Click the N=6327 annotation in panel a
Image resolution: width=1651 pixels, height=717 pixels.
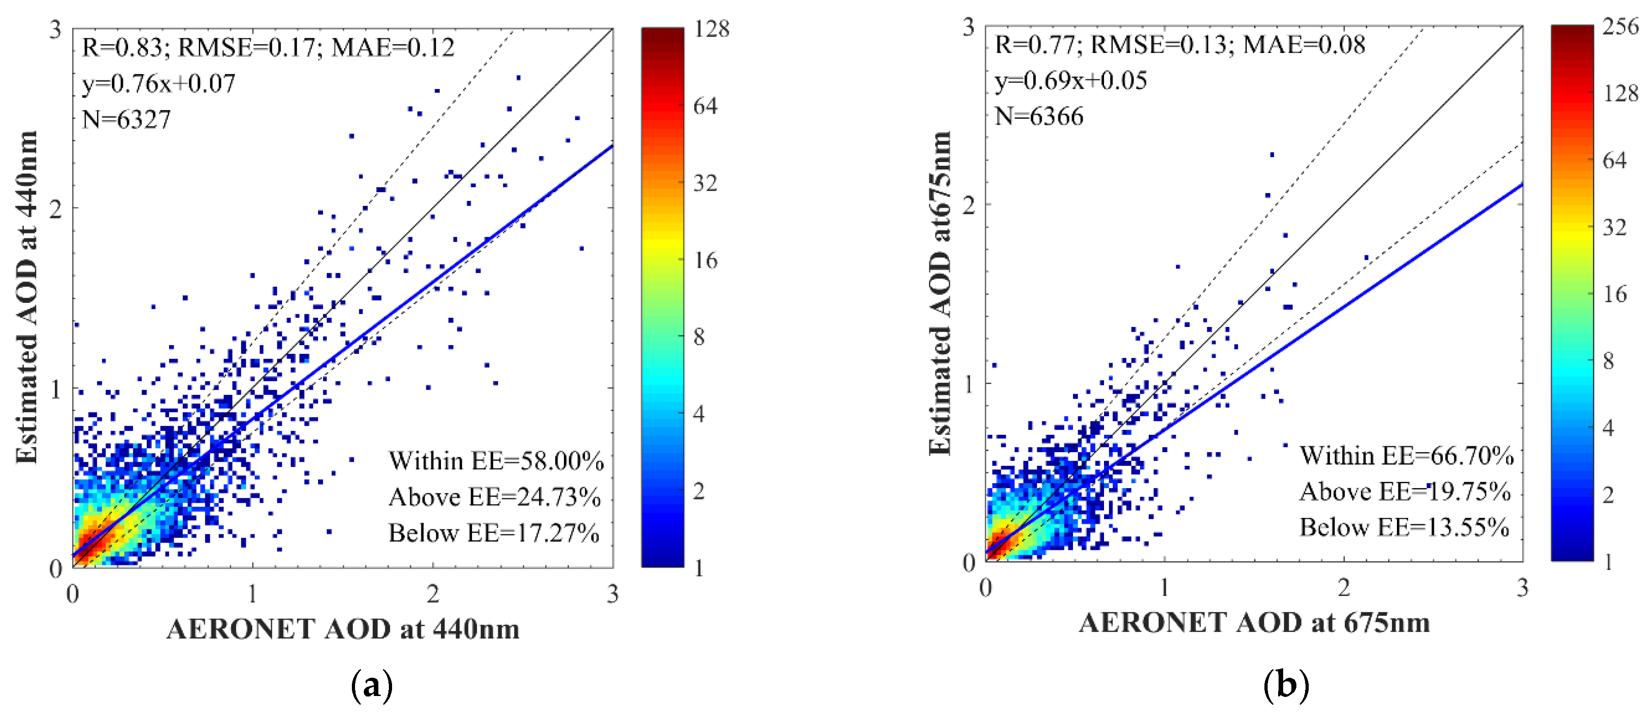126,120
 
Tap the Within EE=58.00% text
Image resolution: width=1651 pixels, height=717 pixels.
495,461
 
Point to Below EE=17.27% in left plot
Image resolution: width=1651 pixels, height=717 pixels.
494,533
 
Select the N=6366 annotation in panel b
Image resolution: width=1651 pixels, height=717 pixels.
1039,116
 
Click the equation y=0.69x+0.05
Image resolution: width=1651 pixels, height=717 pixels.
1070,81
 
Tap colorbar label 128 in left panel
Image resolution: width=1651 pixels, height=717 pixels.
711,29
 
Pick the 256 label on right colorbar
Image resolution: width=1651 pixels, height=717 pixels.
1620,26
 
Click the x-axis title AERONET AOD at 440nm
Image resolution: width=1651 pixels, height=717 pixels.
343,629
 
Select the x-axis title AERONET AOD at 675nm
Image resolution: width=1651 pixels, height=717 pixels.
1254,623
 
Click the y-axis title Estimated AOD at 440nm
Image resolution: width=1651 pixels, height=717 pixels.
27,297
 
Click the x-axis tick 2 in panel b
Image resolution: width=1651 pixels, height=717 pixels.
1343,588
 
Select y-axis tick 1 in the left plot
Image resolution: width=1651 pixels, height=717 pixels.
56,388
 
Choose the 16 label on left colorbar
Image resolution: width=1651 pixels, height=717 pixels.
705,260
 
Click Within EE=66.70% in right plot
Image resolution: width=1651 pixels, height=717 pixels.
1406,456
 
